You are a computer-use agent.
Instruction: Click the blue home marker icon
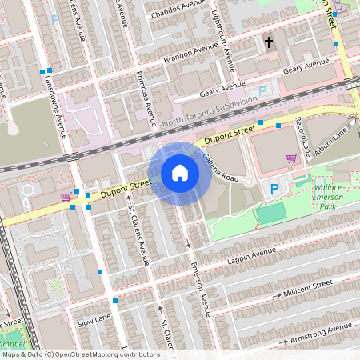180,173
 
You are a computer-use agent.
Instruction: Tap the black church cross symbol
269,42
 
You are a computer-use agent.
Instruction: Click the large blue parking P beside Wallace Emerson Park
274,189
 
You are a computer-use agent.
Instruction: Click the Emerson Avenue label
199,291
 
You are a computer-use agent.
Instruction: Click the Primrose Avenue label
145,100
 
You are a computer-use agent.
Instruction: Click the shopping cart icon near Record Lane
292,158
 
